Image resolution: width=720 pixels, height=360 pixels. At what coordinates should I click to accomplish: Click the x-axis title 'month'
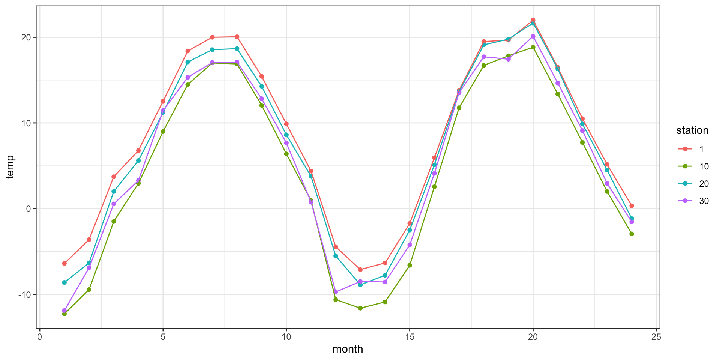click(348, 349)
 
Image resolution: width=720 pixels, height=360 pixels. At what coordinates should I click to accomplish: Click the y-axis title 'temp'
click(10, 167)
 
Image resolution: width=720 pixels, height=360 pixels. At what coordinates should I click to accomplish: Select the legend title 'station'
click(692, 130)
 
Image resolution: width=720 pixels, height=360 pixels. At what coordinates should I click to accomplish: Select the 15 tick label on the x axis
click(409, 336)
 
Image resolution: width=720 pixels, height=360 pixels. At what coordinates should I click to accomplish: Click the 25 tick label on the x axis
click(656, 336)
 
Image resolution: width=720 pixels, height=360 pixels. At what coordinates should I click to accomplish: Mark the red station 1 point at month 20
click(533, 20)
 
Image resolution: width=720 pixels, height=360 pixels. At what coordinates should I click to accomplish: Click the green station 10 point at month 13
click(360, 308)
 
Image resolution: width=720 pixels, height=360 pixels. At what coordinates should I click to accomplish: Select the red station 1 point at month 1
click(64, 263)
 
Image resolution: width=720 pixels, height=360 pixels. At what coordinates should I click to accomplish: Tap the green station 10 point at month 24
click(631, 234)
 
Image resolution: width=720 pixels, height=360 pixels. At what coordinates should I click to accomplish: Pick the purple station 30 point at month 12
click(336, 292)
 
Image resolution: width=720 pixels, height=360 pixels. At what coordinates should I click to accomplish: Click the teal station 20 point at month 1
click(64, 282)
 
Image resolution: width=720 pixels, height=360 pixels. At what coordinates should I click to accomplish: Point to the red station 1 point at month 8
click(237, 37)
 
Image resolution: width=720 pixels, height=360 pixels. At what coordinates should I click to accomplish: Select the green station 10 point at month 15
click(409, 265)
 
